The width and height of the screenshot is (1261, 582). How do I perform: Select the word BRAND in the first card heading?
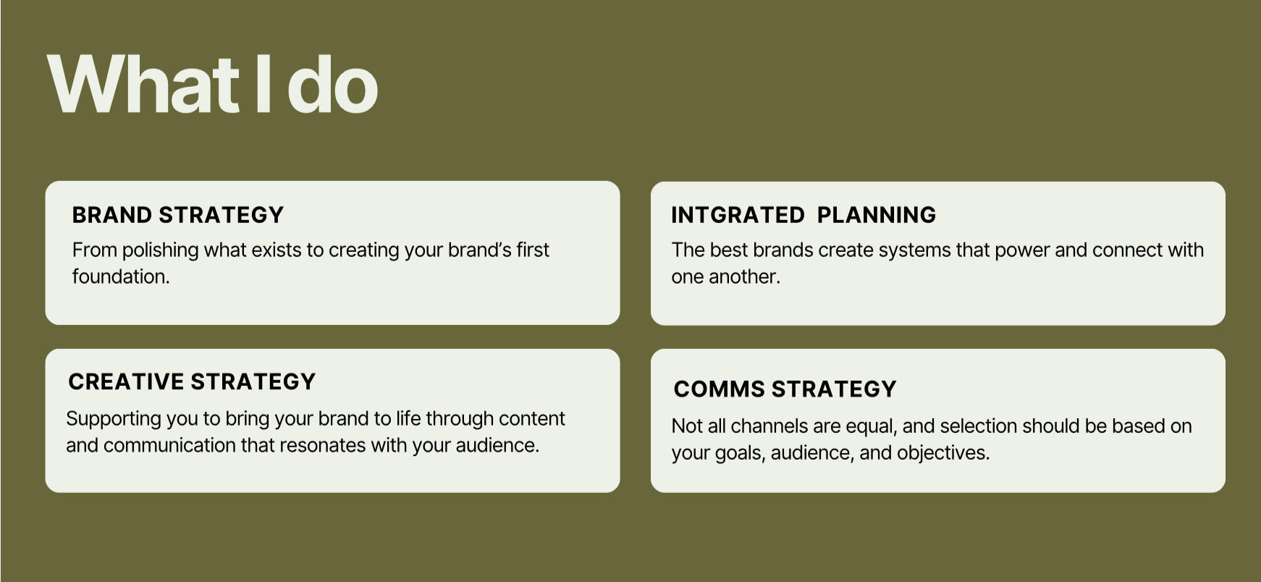[x=112, y=215]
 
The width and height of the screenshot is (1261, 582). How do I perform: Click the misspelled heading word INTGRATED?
[x=738, y=215]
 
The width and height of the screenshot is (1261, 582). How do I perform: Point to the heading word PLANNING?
[x=877, y=215]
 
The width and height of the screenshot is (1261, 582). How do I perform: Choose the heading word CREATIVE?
[x=126, y=381]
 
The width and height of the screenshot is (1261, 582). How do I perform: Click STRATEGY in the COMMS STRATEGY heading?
[x=834, y=389]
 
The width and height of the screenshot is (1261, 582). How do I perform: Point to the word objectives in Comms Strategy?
[x=943, y=453]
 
